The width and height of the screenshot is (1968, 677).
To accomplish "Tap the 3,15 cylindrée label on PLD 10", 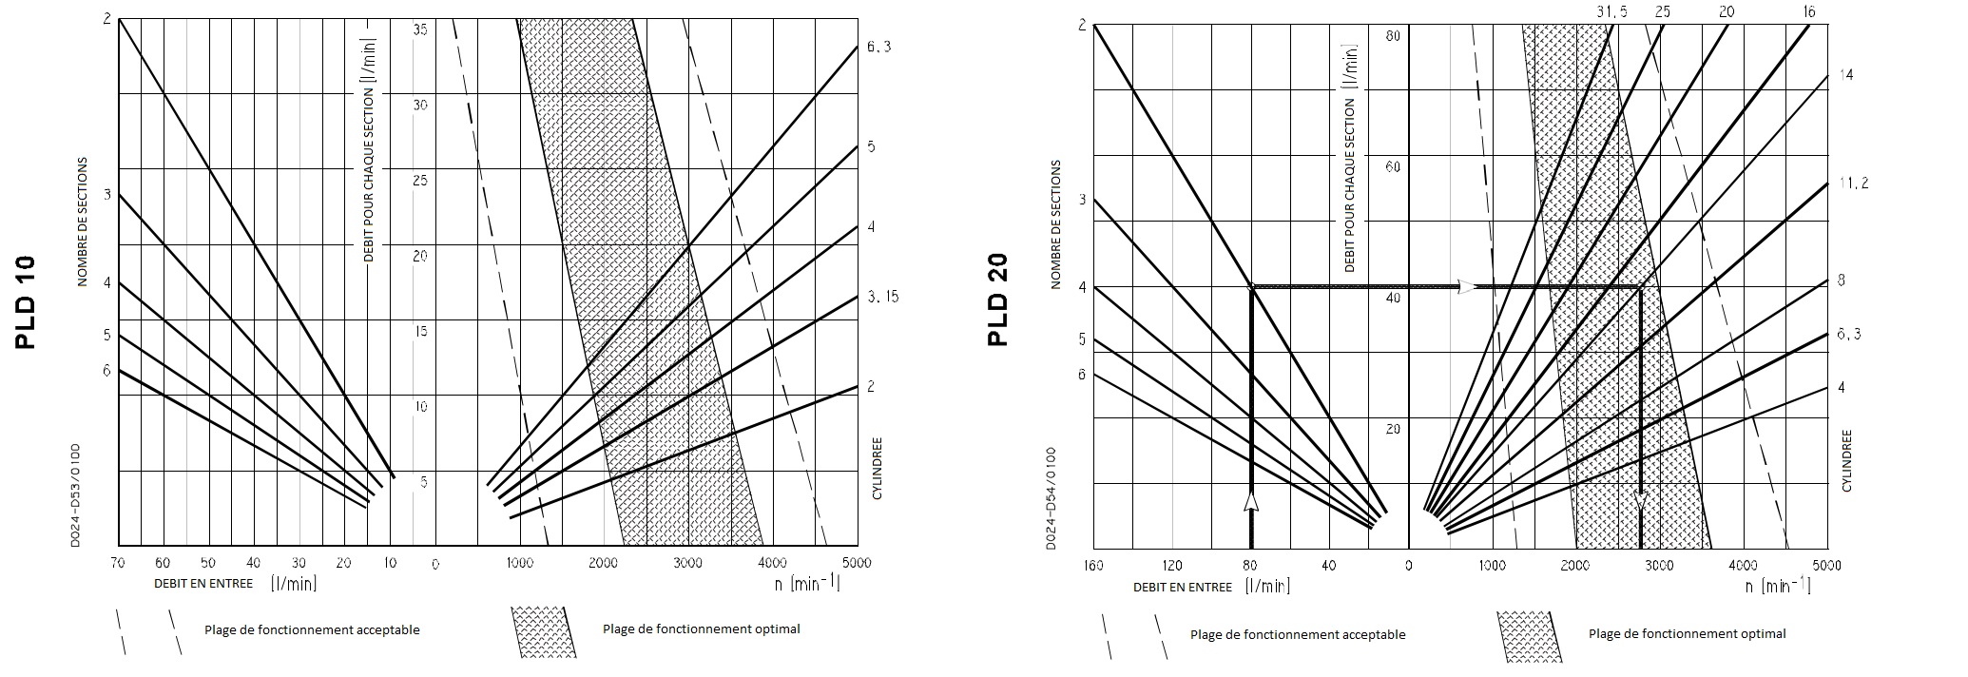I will click(x=882, y=297).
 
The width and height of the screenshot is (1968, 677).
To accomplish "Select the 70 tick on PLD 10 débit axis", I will click(x=118, y=564).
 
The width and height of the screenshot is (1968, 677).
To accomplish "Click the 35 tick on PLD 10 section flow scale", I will click(x=420, y=29).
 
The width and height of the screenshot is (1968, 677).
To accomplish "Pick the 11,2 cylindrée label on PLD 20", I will click(x=1852, y=184).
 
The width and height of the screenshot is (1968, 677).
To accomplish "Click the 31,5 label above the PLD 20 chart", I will click(x=1610, y=11).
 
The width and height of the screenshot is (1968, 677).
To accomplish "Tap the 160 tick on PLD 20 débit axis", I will click(x=1093, y=566).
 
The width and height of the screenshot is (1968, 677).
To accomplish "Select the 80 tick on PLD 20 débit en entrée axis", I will click(x=1251, y=566).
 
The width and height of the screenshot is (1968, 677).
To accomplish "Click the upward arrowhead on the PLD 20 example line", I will click(x=1251, y=501).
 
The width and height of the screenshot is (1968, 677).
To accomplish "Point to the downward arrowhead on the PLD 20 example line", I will click(x=1641, y=500).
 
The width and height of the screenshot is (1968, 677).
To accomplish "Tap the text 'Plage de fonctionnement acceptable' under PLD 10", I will click(x=312, y=629).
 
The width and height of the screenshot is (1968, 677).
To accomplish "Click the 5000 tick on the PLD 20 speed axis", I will click(x=1826, y=566).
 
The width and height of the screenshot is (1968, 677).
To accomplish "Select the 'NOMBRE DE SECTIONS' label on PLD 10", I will click(x=83, y=221).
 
